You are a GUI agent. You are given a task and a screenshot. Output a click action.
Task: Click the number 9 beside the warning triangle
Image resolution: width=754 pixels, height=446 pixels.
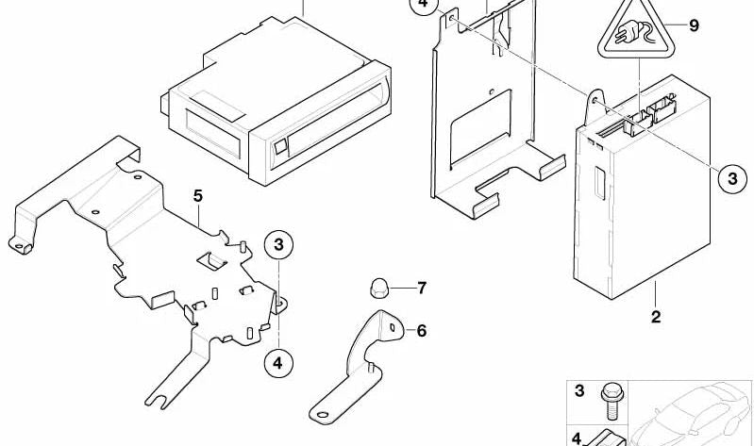pyautogui.click(x=693, y=25)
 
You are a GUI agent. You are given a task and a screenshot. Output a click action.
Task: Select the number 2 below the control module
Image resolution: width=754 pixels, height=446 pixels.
pyautogui.click(x=656, y=317)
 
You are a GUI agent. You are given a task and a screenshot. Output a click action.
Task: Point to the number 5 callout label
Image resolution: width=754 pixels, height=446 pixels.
pyautogui.click(x=197, y=196)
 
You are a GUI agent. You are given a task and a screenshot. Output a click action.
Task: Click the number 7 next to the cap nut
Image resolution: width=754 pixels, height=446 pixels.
pyautogui.click(x=422, y=288)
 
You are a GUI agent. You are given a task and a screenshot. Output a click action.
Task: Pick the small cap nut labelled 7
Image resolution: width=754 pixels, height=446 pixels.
pyautogui.click(x=378, y=288)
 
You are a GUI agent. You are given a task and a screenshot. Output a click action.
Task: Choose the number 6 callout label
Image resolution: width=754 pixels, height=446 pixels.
pyautogui.click(x=421, y=331)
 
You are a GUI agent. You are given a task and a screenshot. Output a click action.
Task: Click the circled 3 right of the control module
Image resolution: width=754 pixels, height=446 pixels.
pyautogui.click(x=732, y=179)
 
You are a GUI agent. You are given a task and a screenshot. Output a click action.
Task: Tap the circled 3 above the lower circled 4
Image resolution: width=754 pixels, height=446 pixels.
pyautogui.click(x=279, y=245)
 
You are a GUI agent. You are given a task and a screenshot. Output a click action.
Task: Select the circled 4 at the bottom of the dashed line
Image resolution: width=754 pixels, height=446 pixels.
pyautogui.click(x=278, y=363)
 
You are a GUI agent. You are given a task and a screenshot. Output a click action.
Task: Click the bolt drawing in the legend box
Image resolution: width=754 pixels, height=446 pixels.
pyautogui.click(x=612, y=402)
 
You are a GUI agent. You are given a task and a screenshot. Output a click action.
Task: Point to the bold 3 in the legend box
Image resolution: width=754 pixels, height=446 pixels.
pyautogui.click(x=579, y=390)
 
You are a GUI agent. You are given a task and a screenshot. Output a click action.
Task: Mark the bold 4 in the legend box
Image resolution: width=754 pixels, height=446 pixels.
pyautogui.click(x=577, y=439)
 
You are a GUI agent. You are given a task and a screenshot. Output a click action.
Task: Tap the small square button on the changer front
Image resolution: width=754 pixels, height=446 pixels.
pyautogui.click(x=280, y=146)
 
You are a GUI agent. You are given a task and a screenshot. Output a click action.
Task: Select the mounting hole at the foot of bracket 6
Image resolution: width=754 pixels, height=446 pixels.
pyautogui.click(x=322, y=415)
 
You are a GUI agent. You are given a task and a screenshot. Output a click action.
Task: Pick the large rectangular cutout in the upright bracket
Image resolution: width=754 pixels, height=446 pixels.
pyautogui.click(x=480, y=127)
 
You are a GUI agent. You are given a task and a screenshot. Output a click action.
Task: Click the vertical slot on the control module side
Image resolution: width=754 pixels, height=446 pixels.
pyautogui.click(x=599, y=183)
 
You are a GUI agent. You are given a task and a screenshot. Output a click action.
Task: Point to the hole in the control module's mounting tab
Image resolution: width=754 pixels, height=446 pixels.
pyautogui.click(x=595, y=101)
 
